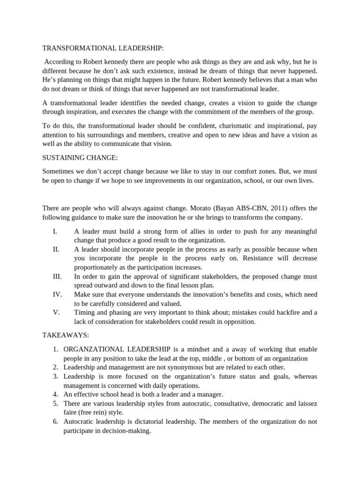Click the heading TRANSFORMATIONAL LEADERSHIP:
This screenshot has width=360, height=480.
104,48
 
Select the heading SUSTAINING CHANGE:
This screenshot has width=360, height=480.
78,157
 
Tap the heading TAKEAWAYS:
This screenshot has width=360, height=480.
66,336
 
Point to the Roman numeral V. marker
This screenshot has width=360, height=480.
56,312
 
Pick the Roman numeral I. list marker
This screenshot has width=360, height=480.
55,232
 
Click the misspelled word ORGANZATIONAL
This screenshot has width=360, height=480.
93,350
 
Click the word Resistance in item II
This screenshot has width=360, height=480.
257,258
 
